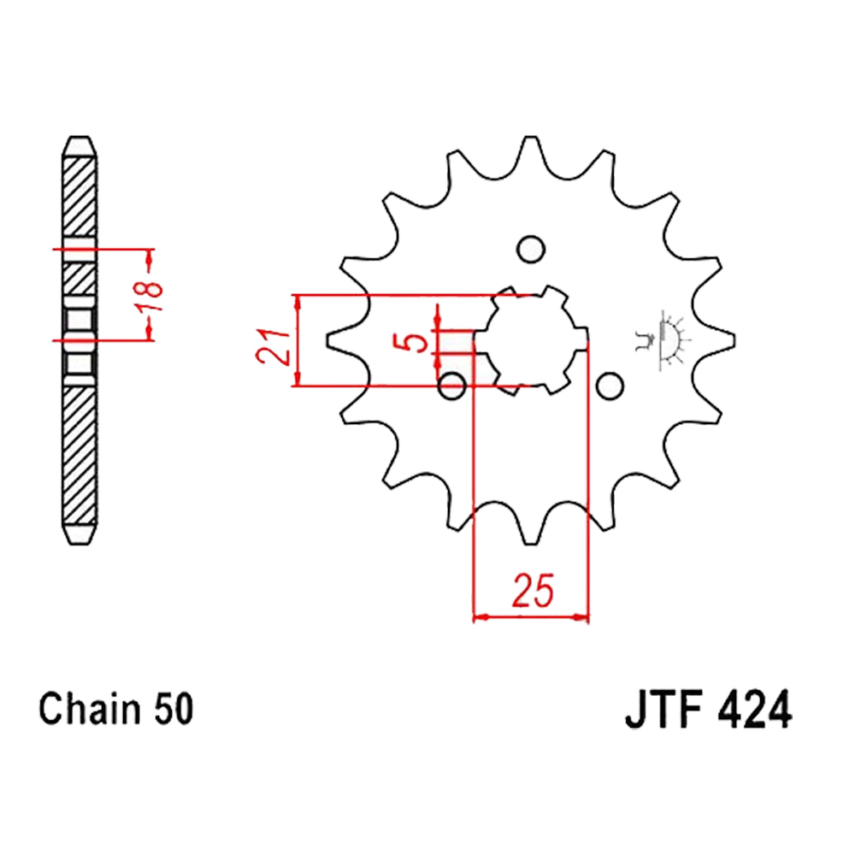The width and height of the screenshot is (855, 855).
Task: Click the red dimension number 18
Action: coord(150,296)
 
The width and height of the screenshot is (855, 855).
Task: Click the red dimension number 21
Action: coord(274,345)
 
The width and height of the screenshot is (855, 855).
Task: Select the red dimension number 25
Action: coord(533,590)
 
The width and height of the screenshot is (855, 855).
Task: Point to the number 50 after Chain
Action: coord(174,709)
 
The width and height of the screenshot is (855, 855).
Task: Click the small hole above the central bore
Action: coord(531,249)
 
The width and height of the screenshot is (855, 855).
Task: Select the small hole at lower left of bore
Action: coord(452,386)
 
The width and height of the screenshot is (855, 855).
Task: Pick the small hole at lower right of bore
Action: coord(610,386)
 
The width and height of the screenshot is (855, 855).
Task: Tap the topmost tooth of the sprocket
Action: coord(531,147)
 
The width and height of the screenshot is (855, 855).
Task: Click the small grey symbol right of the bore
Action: coord(661,339)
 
